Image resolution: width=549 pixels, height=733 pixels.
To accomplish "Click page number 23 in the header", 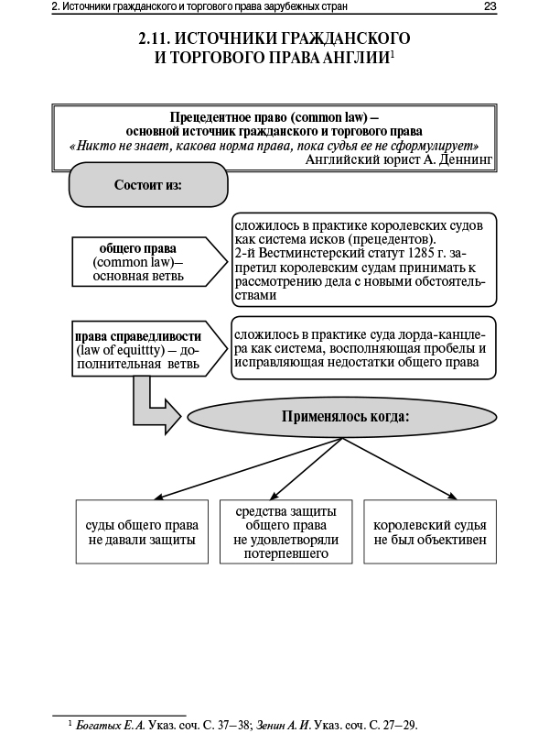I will pos(490,8).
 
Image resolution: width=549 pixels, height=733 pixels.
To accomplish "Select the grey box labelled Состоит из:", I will pos(147,184).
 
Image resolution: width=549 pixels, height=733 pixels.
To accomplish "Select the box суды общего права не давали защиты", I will pos(141,532).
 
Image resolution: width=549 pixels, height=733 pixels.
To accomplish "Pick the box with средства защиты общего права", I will pos(285,532).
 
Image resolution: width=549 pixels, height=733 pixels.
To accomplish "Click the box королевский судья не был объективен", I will pos(430,532).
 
